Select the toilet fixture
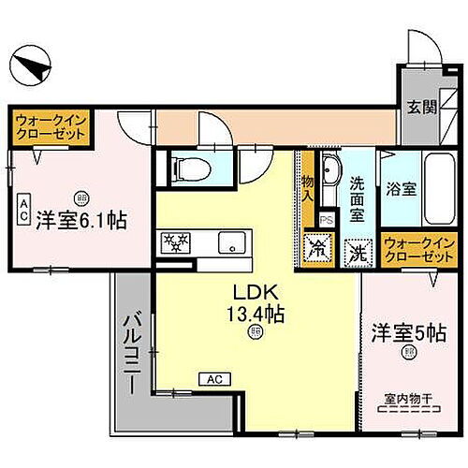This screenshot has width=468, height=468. click(x=190, y=169)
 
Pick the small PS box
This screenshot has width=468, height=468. click(x=326, y=220)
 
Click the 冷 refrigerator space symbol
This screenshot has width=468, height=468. click(x=317, y=250)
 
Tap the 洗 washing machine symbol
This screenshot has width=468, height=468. click(x=357, y=251)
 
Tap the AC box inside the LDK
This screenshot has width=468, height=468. click(x=212, y=378)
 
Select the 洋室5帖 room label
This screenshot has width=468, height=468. click(x=408, y=332)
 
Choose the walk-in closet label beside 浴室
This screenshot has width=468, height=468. click(x=415, y=248)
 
